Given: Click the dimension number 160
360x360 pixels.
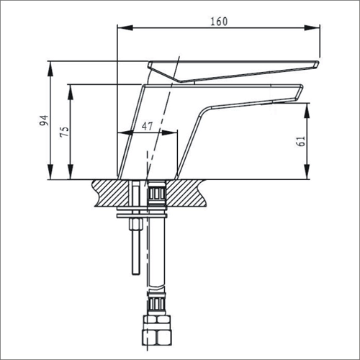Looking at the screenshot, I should coord(218,21).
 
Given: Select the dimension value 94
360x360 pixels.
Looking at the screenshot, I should coord(45,120).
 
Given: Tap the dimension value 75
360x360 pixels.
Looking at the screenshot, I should coord(64,131).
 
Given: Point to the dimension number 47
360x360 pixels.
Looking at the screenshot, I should coord(147,126).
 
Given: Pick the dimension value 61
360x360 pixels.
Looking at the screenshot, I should coord(301,142).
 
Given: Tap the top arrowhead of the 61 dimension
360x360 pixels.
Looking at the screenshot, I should coord(307,107).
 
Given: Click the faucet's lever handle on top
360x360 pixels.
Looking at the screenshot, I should coord(230,69).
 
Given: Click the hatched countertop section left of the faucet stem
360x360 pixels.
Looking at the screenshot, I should coord(108,193).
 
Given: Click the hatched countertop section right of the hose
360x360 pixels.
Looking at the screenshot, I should coord(187,193).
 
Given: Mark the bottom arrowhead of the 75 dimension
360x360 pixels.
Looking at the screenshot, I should coord(71,174).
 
